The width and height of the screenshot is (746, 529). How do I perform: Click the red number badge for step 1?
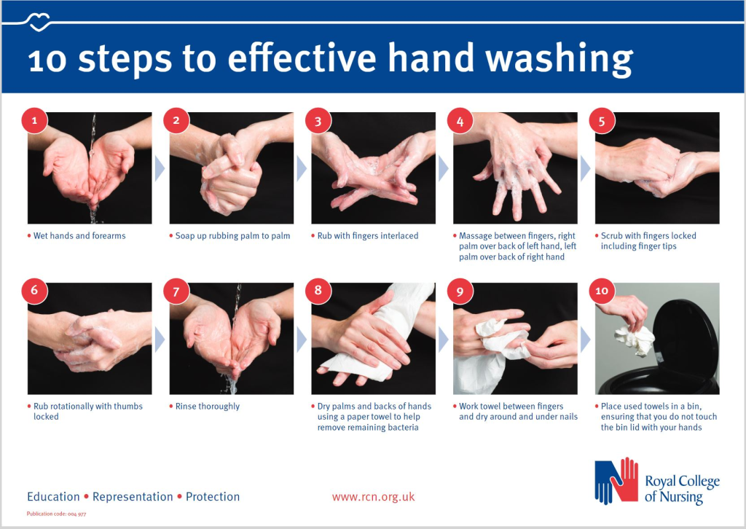coord(34,120)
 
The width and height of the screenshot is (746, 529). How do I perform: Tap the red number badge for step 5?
coord(602,120)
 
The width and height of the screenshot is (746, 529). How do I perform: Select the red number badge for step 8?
coord(318,291)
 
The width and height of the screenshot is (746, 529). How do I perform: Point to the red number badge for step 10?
coord(602,291)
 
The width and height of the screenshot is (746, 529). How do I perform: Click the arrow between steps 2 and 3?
coord(302,168)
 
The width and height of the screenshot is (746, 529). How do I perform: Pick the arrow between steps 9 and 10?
coord(585,340)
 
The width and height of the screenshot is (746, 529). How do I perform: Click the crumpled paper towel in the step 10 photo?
coord(635,340)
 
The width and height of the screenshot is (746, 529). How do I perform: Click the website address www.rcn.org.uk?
coord(374,497)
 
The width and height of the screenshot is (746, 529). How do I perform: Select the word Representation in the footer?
coord(133,497)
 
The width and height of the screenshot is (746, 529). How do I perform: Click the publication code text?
coord(57,514)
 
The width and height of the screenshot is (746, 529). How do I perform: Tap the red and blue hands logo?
coord(616,480)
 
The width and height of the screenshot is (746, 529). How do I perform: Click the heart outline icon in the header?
coord(39,22)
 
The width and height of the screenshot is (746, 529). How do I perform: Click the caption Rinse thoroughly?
coord(208,407)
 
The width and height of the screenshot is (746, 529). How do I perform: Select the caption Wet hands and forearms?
coord(79,235)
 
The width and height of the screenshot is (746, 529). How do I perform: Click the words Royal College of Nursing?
coord(682,489)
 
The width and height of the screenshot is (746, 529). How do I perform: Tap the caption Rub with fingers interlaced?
coord(368,235)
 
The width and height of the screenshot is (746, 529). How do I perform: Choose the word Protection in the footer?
coord(213,497)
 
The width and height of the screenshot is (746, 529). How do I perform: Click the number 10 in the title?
coord(47,61)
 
